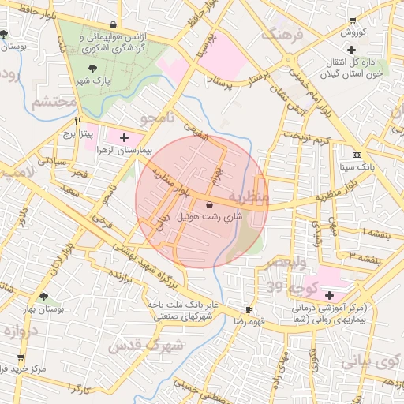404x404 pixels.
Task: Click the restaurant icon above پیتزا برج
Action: pyautogui.click(x=77, y=122)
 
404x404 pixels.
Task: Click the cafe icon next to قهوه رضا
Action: pyautogui.click(x=249, y=310)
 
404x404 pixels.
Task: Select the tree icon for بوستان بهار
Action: pyautogui.click(x=43, y=298)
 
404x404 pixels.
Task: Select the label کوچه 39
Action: pyautogui.click(x=292, y=285)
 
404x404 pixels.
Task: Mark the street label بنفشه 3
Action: pyautogui.click(x=367, y=257)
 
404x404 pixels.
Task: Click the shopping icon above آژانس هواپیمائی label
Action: pyautogui.click(x=115, y=24)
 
